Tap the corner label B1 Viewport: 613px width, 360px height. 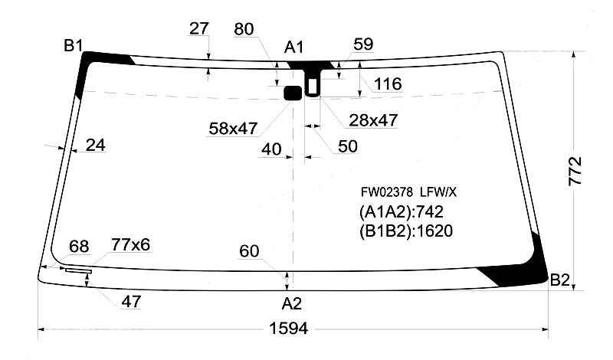(x=74, y=46)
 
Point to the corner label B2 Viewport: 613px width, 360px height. (x=560, y=281)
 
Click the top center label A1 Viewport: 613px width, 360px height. (x=293, y=47)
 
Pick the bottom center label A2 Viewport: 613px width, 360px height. (x=291, y=303)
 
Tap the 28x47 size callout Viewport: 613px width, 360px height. (x=372, y=120)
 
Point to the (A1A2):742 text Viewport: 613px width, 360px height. (x=402, y=212)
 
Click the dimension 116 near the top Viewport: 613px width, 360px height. (x=388, y=83)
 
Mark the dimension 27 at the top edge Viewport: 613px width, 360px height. (x=198, y=29)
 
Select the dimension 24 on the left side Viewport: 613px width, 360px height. (x=96, y=145)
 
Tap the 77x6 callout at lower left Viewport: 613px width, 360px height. (x=130, y=245)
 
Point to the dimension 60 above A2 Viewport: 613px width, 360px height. (x=249, y=250)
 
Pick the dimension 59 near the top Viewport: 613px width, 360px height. (x=363, y=44)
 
